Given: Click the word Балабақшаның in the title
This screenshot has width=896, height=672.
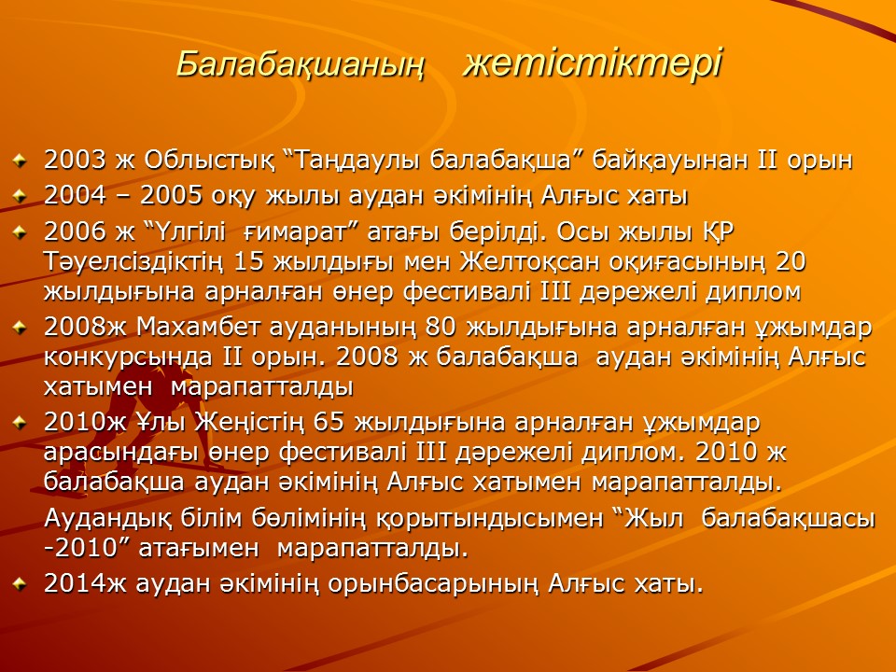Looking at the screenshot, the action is pyautogui.click(x=301, y=64).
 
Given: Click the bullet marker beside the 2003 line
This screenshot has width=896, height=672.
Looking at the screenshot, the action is pyautogui.click(x=20, y=160).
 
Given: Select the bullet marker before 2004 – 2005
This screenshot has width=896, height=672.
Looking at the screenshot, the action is pyautogui.click(x=20, y=196).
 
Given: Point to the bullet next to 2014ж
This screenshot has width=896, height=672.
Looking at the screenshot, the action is pyautogui.click(x=20, y=584).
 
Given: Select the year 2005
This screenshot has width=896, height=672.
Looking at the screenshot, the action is pyautogui.click(x=172, y=196).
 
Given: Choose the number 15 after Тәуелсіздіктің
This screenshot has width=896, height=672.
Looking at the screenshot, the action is pyautogui.click(x=250, y=261).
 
